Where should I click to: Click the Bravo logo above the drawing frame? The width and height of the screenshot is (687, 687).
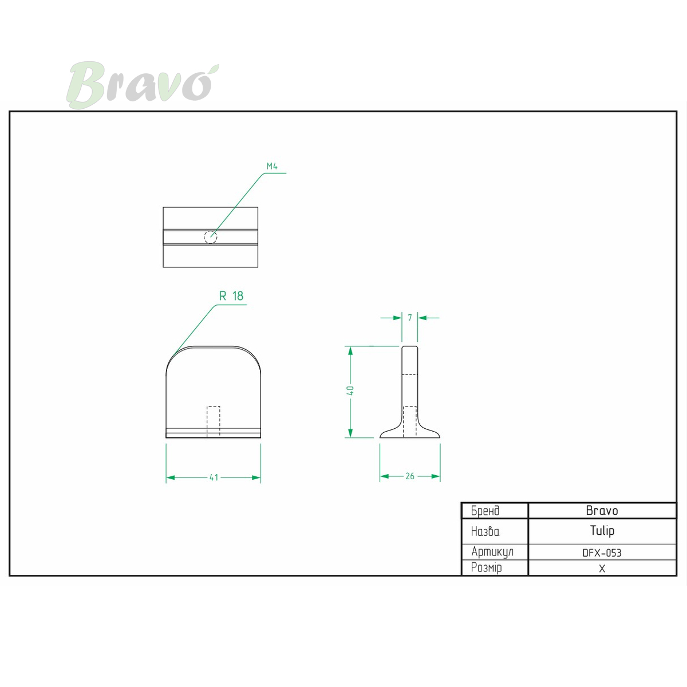pos(143,85)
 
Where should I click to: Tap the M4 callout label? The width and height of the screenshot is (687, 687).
pos(272,166)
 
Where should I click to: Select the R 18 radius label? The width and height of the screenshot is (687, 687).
pos(231,296)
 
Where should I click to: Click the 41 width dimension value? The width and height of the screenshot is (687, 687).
pos(214,477)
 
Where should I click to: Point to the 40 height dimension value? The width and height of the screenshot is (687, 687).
pos(350,391)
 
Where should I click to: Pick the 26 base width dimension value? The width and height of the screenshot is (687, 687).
pos(410,476)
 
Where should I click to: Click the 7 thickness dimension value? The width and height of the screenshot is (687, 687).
pos(410,317)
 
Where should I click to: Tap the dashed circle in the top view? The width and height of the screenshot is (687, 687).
pos(210,236)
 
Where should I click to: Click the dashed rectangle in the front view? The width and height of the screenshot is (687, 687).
pos(214,421)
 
